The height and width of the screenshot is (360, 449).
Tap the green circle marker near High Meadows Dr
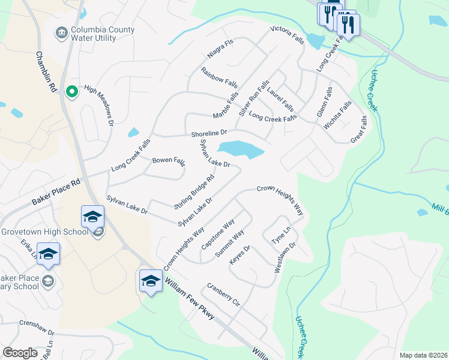pyautogui.click(x=71, y=91)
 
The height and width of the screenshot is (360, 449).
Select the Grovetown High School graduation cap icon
pyautogui.click(x=93, y=217)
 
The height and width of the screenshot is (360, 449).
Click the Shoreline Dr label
pyautogui.click(x=209, y=133)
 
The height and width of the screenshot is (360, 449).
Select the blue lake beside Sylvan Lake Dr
pyautogui.click(x=241, y=149)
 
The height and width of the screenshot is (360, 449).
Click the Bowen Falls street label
pyautogui.click(x=169, y=161)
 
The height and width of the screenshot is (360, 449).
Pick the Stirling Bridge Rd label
pyautogui.click(x=194, y=188)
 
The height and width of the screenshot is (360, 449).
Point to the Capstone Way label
pyautogui.click(x=218, y=235)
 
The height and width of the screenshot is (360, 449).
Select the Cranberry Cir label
pyautogui.click(x=223, y=295)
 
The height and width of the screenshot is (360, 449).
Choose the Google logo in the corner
pyautogui.click(x=20, y=353)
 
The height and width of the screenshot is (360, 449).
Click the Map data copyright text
pyautogui.click(x=423, y=355)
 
